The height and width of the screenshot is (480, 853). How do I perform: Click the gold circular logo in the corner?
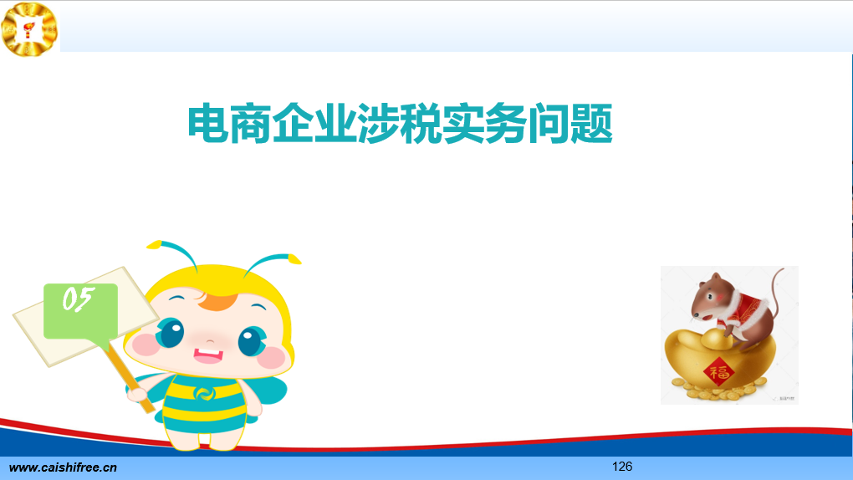click(29, 28)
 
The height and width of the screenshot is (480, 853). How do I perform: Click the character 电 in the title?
click(208, 124)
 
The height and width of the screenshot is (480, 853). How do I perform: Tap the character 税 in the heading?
click(421, 124)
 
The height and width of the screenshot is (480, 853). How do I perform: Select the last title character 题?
click(592, 124)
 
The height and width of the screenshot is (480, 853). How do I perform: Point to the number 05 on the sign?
click(79, 299)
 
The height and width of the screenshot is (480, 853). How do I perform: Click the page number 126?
click(622, 467)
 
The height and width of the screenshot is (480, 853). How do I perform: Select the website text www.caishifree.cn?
click(63, 467)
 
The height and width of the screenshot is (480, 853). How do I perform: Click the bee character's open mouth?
click(208, 355)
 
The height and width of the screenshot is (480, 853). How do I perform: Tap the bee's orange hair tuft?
click(217, 301)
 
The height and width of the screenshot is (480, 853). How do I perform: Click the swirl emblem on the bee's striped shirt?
click(205, 393)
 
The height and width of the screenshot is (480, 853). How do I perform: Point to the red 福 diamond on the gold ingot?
click(718, 372)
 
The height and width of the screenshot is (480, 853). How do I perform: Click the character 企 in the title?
click(294, 124)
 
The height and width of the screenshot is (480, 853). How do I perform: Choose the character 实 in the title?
click(463, 124)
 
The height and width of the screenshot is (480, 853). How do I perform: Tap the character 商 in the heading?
click(251, 124)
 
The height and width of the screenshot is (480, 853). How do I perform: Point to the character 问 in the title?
click(549, 124)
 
